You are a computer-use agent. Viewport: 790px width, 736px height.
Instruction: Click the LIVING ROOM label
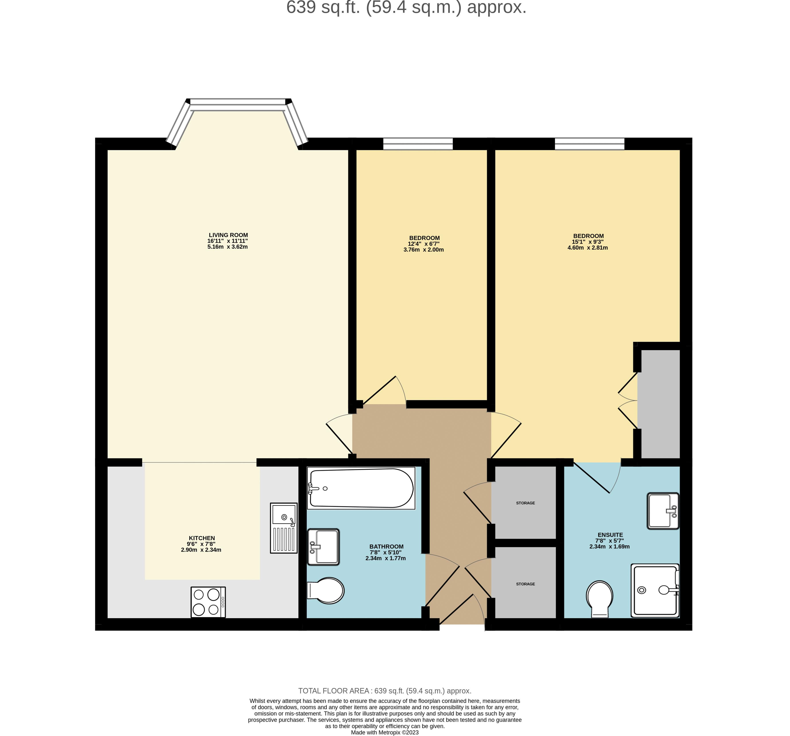tap(228, 235)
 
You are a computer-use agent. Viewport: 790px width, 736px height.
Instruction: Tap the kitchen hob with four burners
tap(208, 602)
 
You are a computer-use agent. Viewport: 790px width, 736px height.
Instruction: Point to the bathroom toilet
tap(325, 591)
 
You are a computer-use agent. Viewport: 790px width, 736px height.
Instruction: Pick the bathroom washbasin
tap(323, 547)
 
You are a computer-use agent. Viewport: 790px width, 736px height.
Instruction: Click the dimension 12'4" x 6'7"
tap(424, 244)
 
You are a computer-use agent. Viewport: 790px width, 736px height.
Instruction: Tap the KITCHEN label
tap(202, 538)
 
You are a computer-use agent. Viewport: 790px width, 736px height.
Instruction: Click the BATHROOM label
tap(386, 547)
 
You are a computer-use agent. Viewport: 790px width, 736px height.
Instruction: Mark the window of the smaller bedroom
tap(418, 144)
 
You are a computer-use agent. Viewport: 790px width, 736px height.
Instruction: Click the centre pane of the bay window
tap(238, 105)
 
